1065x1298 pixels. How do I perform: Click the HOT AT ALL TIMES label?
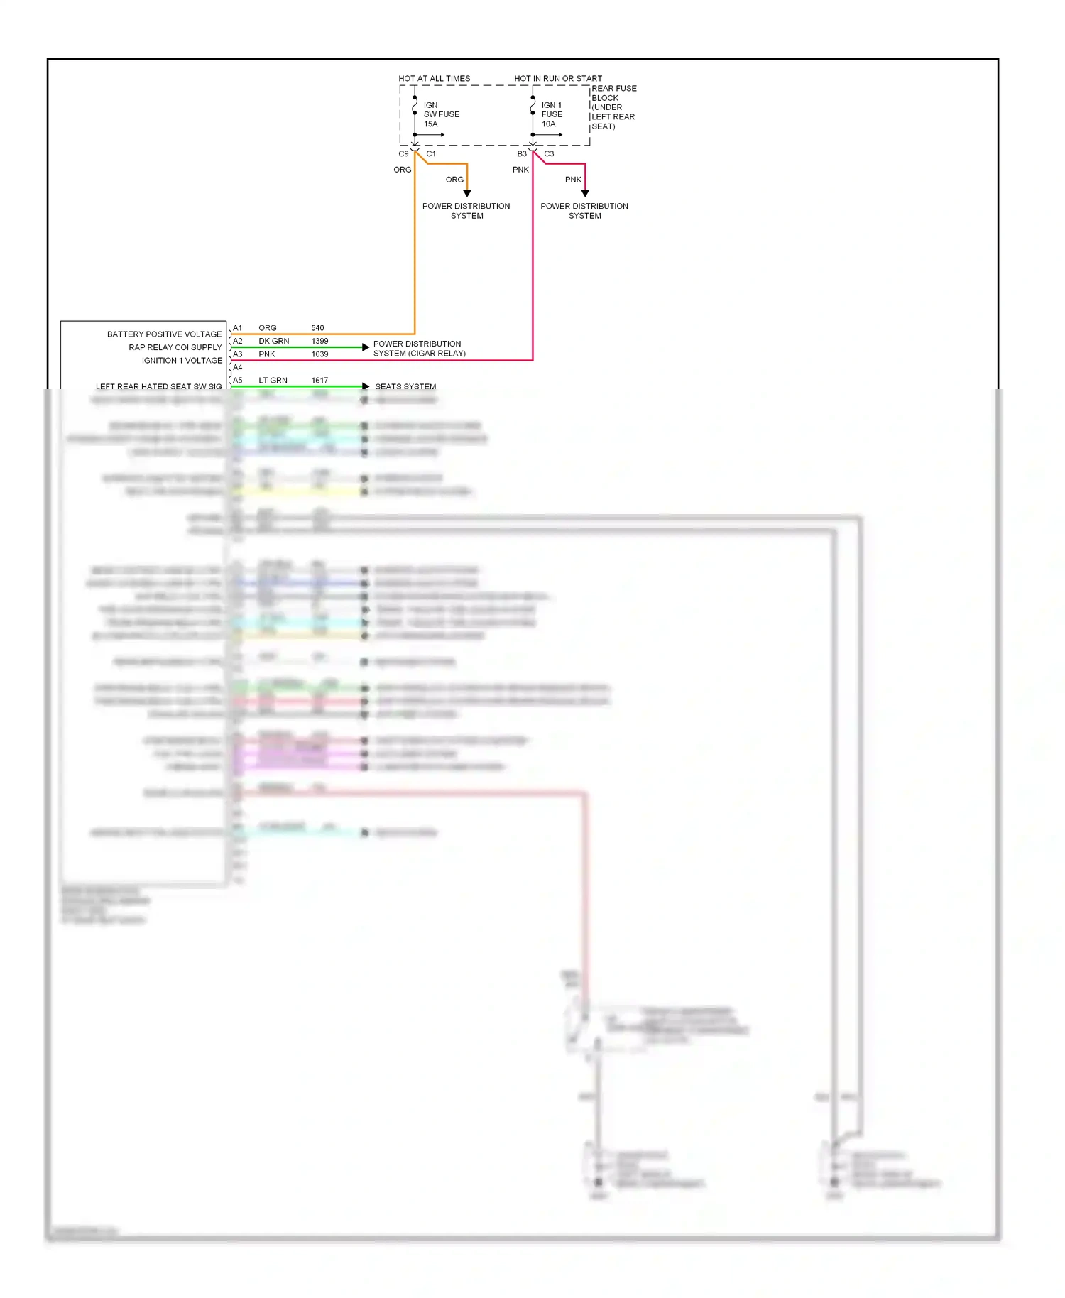(x=434, y=78)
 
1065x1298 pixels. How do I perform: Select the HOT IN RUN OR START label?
(x=558, y=78)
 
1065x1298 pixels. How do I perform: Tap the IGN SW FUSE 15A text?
(x=441, y=114)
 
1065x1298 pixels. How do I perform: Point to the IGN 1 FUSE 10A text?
(x=552, y=114)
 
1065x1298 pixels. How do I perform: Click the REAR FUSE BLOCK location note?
(x=613, y=107)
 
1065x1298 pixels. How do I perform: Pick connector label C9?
(x=403, y=153)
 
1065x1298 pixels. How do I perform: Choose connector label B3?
(x=522, y=153)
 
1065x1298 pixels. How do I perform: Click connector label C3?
(x=549, y=153)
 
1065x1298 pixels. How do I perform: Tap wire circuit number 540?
(x=317, y=328)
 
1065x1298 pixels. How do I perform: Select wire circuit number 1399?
(x=319, y=341)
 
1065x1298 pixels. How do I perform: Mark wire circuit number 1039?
(x=319, y=354)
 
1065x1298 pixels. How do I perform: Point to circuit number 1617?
(x=319, y=381)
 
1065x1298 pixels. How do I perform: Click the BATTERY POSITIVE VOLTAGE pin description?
(x=164, y=334)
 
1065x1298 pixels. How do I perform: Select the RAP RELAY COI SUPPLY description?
(x=175, y=347)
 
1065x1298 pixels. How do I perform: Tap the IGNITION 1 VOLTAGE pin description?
(x=182, y=360)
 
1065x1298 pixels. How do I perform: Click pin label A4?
(x=238, y=367)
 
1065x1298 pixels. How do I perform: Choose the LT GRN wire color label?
(x=273, y=381)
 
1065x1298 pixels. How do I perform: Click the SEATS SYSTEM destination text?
(x=405, y=386)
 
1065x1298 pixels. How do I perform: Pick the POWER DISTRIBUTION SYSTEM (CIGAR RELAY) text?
(x=419, y=349)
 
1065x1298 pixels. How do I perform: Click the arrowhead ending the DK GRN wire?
(x=366, y=347)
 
